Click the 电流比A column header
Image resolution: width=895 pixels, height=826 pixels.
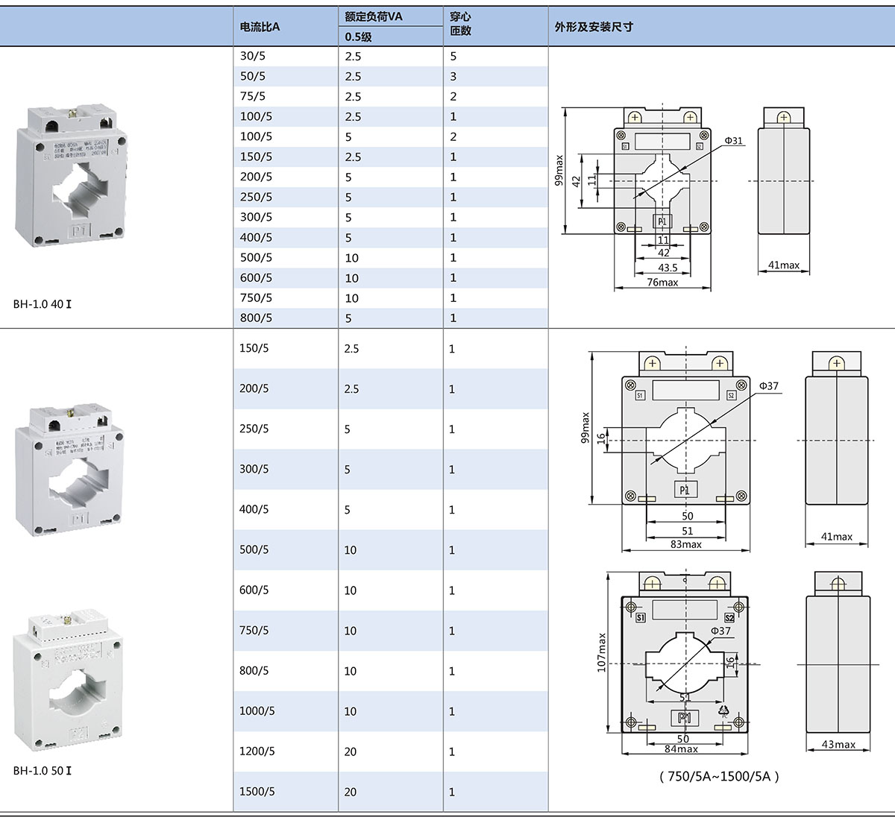click(260, 27)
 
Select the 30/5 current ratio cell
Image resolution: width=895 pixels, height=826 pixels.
click(253, 56)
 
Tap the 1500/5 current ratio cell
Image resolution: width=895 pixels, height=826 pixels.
click(257, 791)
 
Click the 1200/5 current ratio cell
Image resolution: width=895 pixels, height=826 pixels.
click(257, 751)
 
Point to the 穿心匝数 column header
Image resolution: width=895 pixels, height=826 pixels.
click(461, 24)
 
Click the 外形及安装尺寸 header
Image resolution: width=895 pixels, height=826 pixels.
click(594, 27)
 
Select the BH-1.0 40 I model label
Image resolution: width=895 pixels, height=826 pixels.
click(43, 304)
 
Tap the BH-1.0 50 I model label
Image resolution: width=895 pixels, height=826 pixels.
click(43, 770)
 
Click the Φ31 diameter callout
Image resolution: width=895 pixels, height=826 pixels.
click(734, 141)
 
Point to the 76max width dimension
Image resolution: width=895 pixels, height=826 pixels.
click(662, 283)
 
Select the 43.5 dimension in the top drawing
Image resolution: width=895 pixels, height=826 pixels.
click(668, 268)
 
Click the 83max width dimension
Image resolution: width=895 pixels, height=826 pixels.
click(686, 544)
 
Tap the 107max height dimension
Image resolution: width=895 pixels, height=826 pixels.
click(602, 652)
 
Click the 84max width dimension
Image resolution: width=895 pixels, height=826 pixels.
click(682, 748)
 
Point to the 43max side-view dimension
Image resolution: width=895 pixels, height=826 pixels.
click(838, 744)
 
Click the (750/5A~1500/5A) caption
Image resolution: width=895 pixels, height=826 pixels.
click(719, 776)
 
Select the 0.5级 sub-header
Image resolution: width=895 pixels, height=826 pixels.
click(358, 37)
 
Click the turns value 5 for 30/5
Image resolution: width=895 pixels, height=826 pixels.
click(453, 56)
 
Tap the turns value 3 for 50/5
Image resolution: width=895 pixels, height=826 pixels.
click(453, 76)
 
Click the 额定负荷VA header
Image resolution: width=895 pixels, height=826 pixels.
click(374, 16)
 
